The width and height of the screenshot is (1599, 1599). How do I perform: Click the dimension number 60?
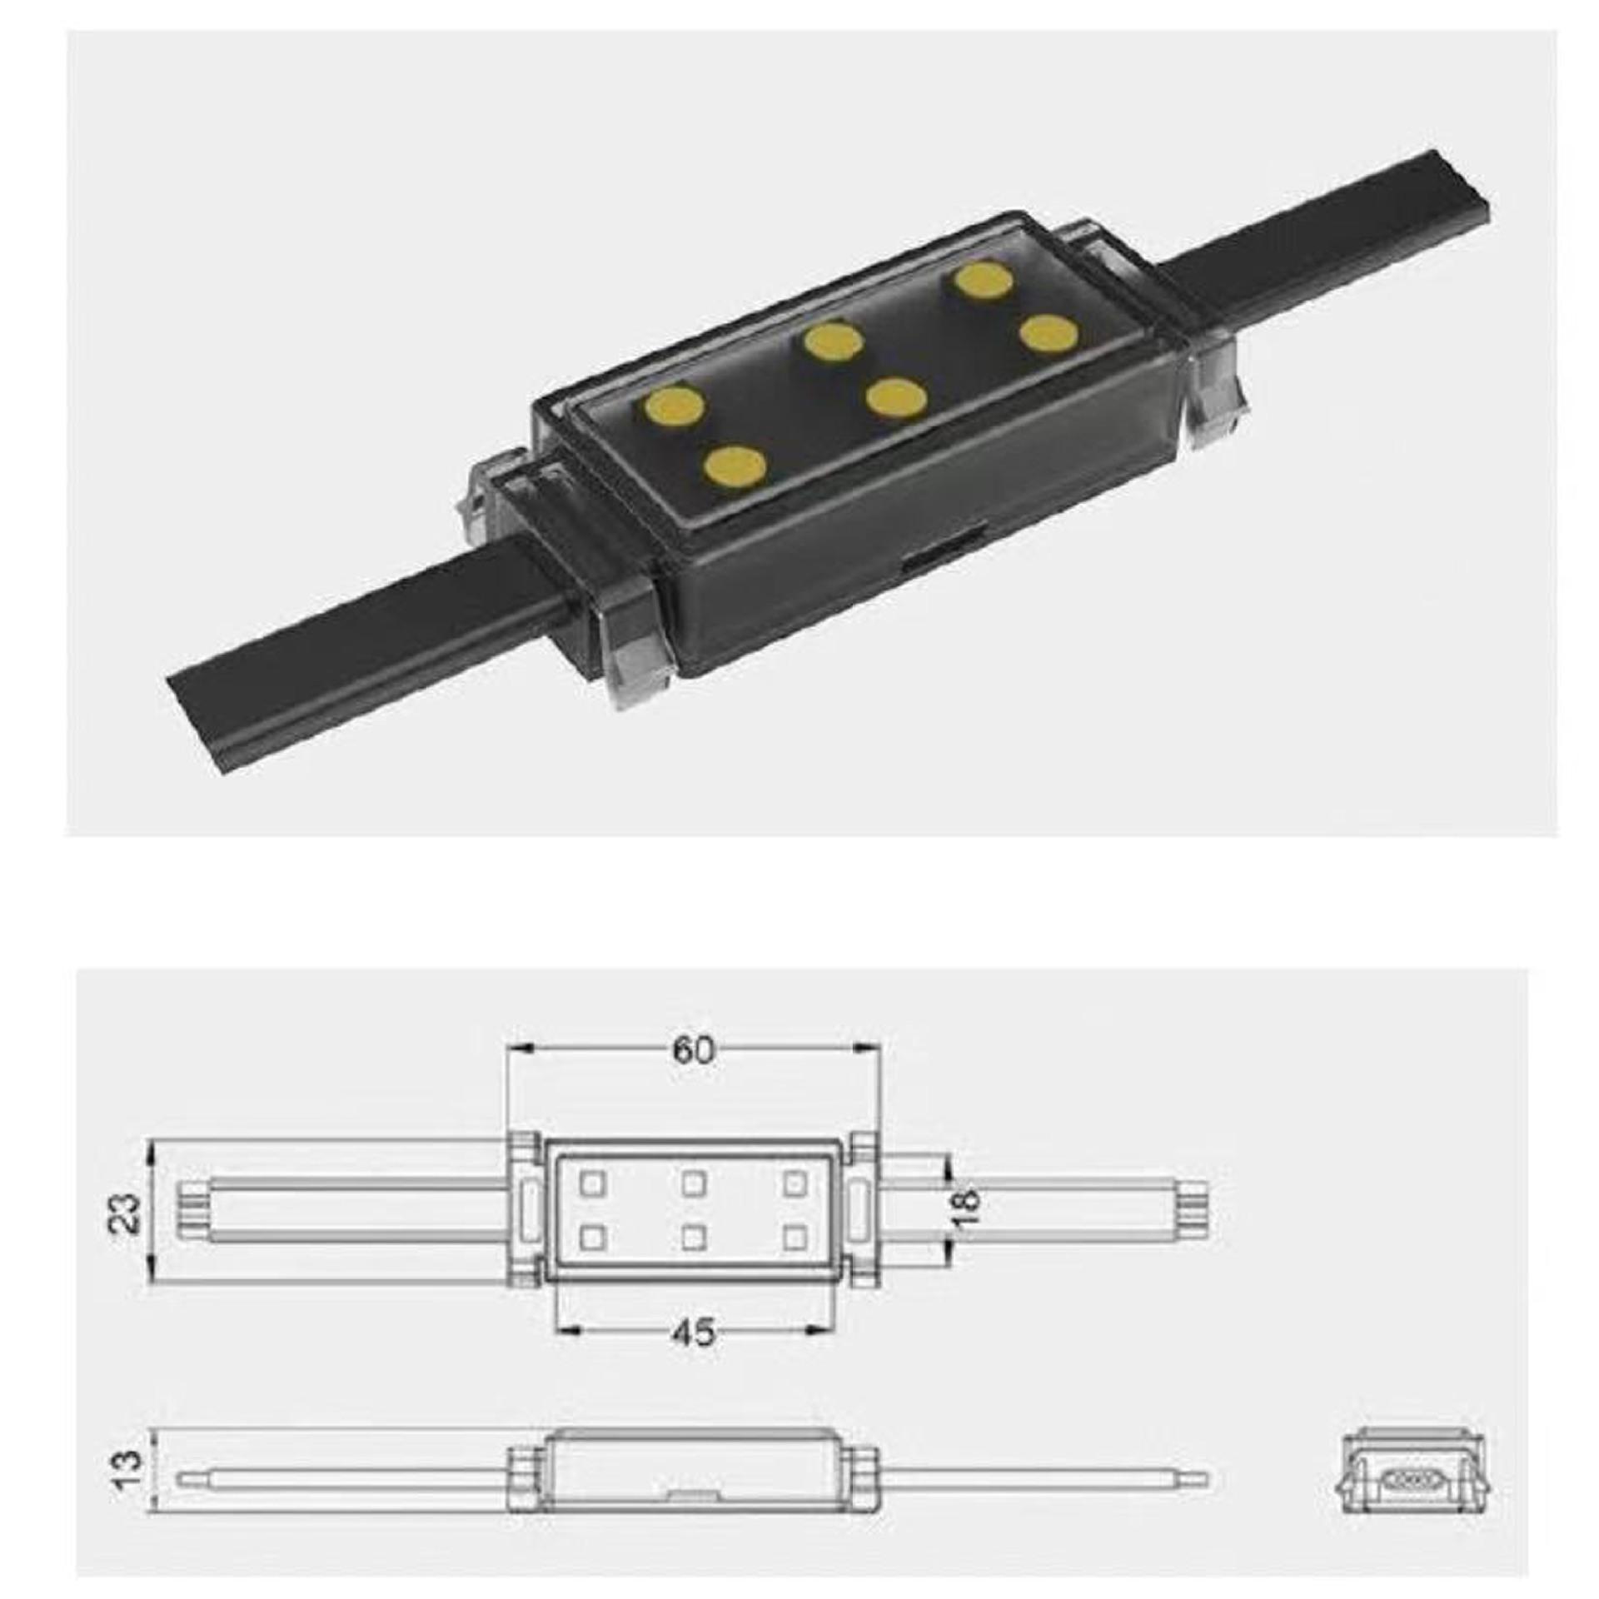coord(694,1052)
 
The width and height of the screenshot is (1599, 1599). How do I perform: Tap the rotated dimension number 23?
coord(126,1214)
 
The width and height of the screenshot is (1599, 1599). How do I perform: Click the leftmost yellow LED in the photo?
coord(674,407)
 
